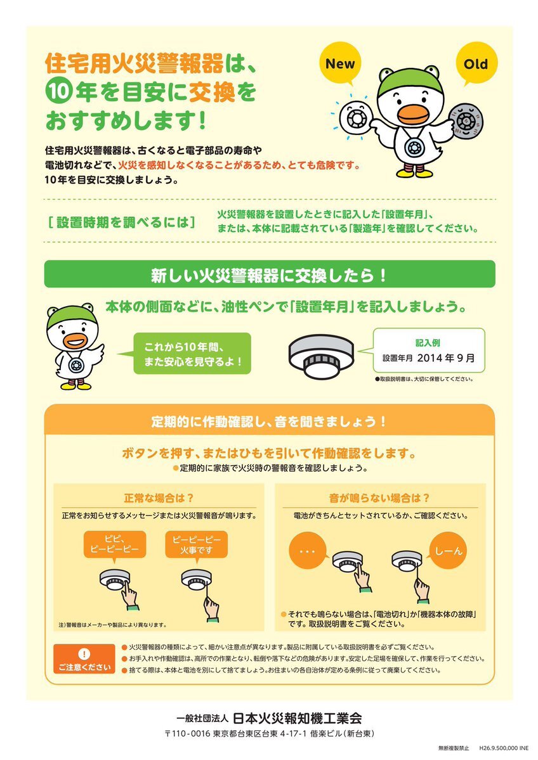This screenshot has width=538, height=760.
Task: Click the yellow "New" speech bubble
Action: coord(340,63)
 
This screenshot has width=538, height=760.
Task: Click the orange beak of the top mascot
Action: coord(413,113)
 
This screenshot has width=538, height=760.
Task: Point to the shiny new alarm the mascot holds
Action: coord(355,117)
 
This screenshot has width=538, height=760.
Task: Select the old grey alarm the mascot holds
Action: coord(466,119)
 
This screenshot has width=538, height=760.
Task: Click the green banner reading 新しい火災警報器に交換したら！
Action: coord(270,274)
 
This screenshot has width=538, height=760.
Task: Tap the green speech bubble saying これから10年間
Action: coord(192,353)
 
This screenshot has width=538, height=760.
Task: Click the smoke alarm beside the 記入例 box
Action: coord(321,356)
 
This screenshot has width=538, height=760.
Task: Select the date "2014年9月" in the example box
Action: coord(445,358)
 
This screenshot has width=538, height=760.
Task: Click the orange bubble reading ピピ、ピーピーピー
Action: coord(115,544)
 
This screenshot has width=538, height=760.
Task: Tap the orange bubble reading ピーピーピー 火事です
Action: coord(197,544)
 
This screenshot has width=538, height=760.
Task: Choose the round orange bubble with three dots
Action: coord(308,551)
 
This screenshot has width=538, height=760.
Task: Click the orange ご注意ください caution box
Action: coord(84,659)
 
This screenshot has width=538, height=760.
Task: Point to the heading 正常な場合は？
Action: coord(159,498)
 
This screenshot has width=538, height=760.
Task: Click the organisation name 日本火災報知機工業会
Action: coord(298,718)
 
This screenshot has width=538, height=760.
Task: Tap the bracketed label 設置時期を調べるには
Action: coord(122,222)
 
